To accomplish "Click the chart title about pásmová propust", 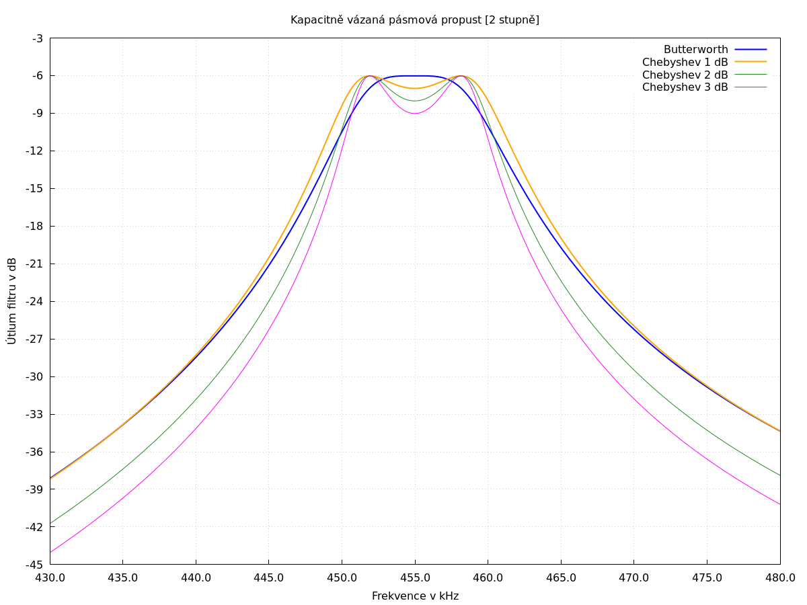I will (x=415, y=20).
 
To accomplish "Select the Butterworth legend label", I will (x=695, y=50).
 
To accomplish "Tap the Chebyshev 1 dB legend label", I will (x=685, y=63).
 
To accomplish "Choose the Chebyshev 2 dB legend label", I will (x=685, y=75).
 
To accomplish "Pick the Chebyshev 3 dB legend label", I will (x=685, y=87).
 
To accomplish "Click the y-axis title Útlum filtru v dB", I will (x=12, y=300).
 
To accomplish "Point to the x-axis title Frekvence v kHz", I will (x=415, y=596).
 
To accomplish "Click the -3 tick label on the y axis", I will (x=37, y=38).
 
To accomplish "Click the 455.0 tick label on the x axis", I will (x=415, y=578).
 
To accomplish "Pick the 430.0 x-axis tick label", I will (x=50, y=578).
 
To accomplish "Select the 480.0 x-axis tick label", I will (x=780, y=578).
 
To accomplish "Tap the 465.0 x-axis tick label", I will (x=561, y=578).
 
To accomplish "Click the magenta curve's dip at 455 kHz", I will (x=415, y=113).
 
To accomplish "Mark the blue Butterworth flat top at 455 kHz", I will (x=415, y=76).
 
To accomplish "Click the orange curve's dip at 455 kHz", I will (x=415, y=88).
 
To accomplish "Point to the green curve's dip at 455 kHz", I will (x=415, y=101).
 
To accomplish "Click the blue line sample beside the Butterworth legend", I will (x=751, y=50).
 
